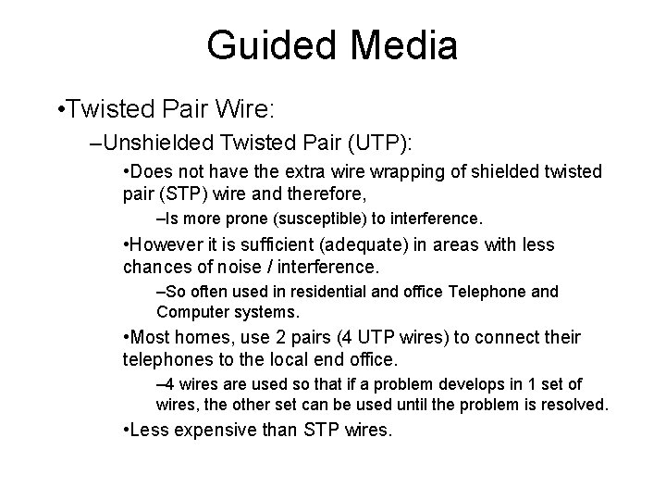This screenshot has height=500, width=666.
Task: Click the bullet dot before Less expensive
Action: click(127, 430)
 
